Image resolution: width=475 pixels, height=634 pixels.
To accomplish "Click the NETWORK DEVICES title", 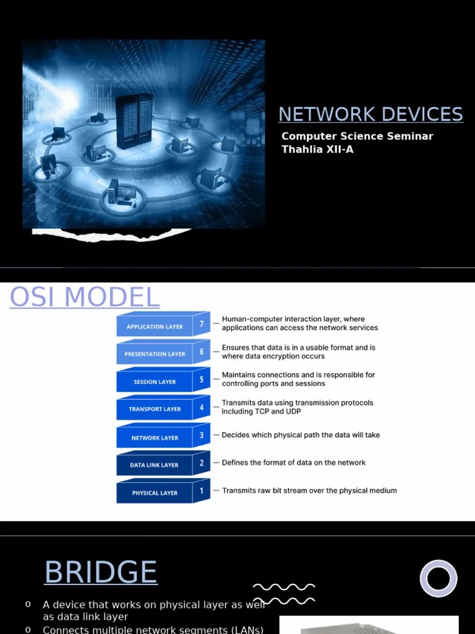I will (x=370, y=115).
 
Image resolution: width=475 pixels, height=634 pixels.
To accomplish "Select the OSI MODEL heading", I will (x=85, y=297).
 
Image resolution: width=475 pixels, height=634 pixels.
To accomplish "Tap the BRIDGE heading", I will (x=101, y=572).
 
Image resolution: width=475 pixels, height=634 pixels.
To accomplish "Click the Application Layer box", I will (x=155, y=326).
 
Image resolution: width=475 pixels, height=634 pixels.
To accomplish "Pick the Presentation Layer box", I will (x=155, y=354).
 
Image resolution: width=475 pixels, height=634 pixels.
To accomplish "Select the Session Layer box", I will (x=155, y=382).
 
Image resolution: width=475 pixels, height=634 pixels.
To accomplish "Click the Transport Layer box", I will (x=155, y=409).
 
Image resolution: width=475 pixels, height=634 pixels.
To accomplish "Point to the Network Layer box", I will (x=155, y=438).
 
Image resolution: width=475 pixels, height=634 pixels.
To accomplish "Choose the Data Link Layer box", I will (x=155, y=465).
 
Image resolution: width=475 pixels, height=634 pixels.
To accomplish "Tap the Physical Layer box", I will (x=155, y=493).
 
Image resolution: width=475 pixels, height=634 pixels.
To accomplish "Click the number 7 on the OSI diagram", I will (x=202, y=324).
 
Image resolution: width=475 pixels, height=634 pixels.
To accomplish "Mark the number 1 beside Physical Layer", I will (x=202, y=490).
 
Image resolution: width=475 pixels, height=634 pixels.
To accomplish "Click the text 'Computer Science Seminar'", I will (x=357, y=136).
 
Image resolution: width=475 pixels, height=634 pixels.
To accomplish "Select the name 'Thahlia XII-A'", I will (x=317, y=150).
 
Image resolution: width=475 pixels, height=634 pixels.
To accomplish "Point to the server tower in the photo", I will (x=134, y=121).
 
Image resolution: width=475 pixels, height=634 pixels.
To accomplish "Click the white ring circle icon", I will (x=439, y=578).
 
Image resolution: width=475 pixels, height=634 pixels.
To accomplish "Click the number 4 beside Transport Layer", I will (x=202, y=407).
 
